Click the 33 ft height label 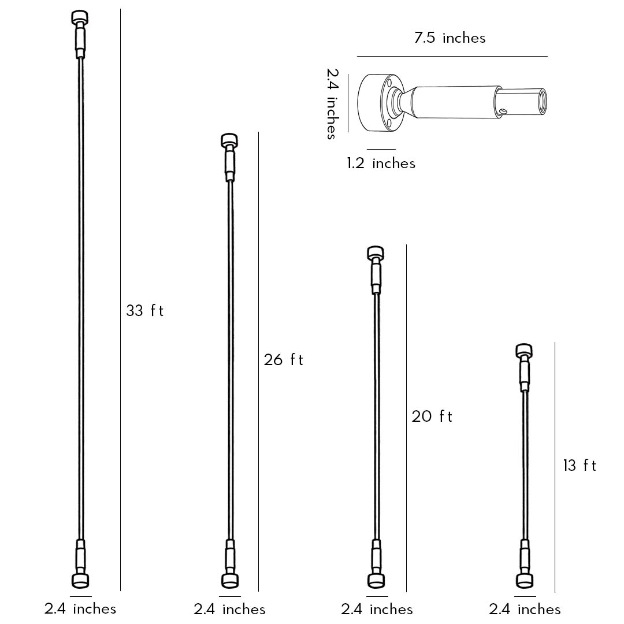pos(145,311)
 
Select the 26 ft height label pos(283,360)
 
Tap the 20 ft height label pos(432,416)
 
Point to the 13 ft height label pos(580,465)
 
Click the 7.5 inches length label pos(450,38)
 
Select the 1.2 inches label pos(381,164)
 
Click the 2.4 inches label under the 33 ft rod pos(80,608)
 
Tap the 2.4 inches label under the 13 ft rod pos(525,609)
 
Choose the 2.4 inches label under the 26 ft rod pos(229,609)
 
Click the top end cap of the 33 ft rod pos(80,17)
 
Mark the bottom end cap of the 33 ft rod pos(80,580)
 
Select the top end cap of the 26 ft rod pos(230,140)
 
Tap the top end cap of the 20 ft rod pos(376,252)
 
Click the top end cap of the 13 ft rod pos(524,350)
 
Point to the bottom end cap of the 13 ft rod pos(525,580)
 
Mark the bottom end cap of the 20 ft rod pos(376,580)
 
